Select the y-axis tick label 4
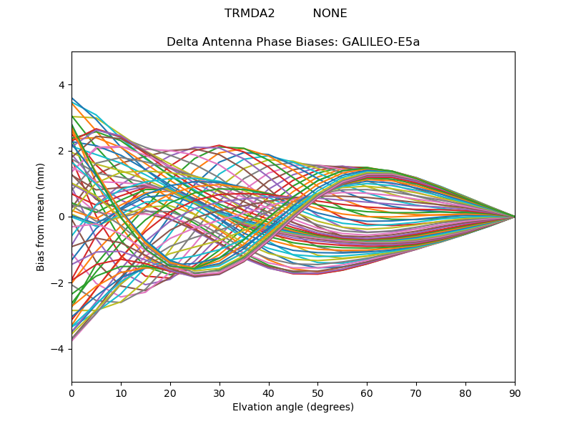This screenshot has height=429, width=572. pyautogui.click(x=61, y=85)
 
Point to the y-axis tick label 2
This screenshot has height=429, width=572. pyautogui.click(x=61, y=151)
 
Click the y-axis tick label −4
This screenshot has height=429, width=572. pyautogui.click(x=59, y=349)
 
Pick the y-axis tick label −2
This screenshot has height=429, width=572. pyautogui.click(x=59, y=283)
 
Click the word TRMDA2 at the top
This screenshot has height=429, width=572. pyautogui.click(x=250, y=14)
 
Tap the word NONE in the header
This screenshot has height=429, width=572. pyautogui.click(x=330, y=14)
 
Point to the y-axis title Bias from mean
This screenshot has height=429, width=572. pyautogui.click(x=41, y=225)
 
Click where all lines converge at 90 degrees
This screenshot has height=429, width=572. pyautogui.click(x=514, y=217)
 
